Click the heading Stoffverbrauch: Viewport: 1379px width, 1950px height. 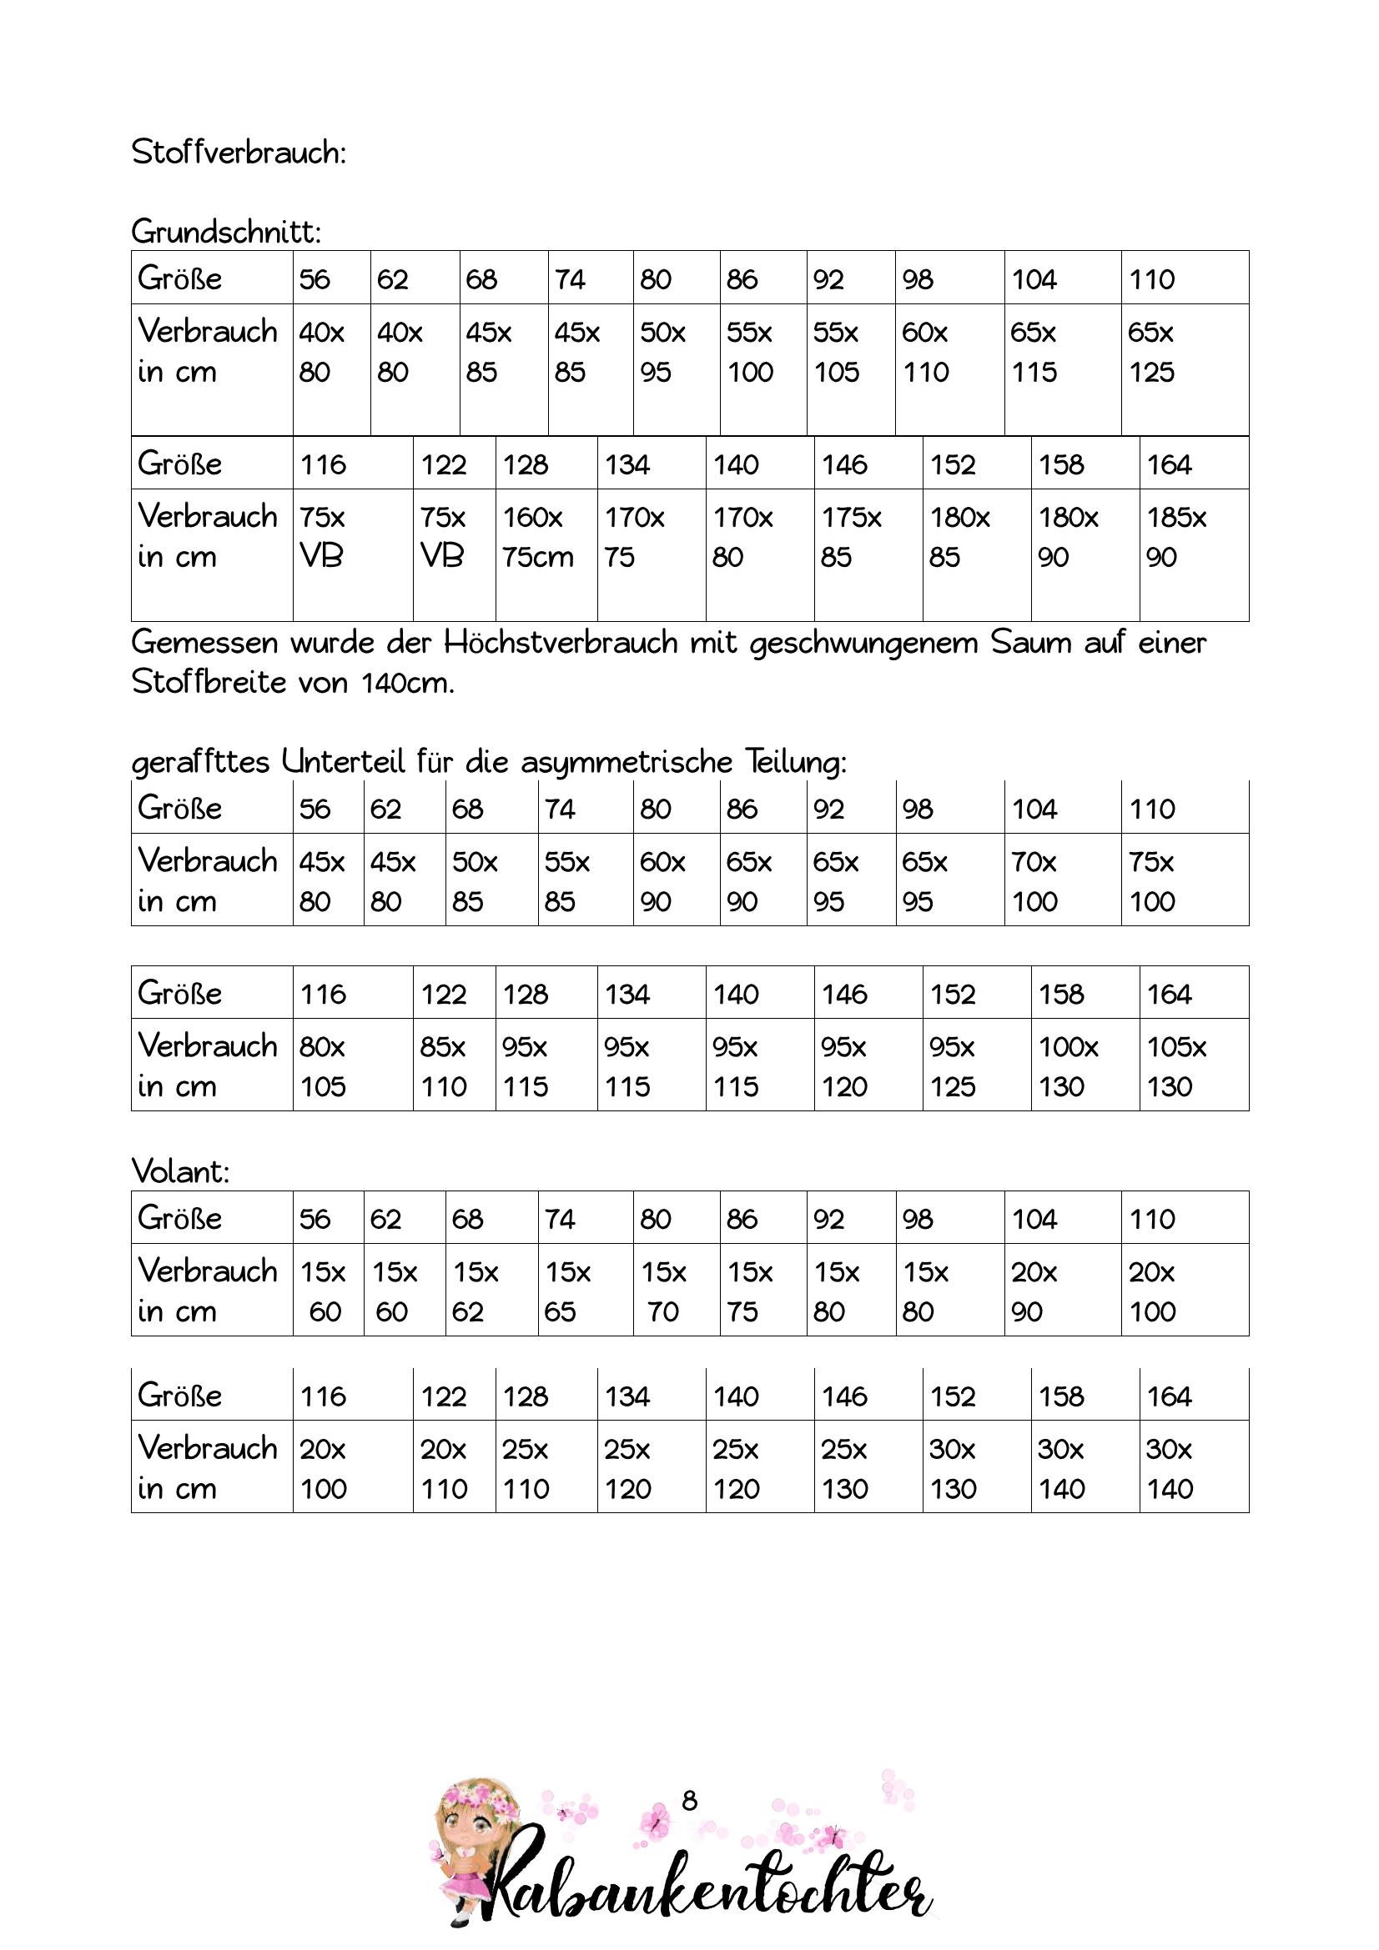coord(239,153)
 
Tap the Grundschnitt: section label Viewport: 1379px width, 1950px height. coord(226,231)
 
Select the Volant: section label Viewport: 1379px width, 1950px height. coord(180,1171)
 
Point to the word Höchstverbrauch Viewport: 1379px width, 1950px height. coord(560,643)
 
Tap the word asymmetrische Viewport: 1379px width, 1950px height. coord(627,762)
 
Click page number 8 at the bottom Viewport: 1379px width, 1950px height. coord(689,1800)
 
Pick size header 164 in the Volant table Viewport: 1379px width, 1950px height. coord(1169,1396)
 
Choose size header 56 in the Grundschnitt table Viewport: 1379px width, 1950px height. coord(315,279)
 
